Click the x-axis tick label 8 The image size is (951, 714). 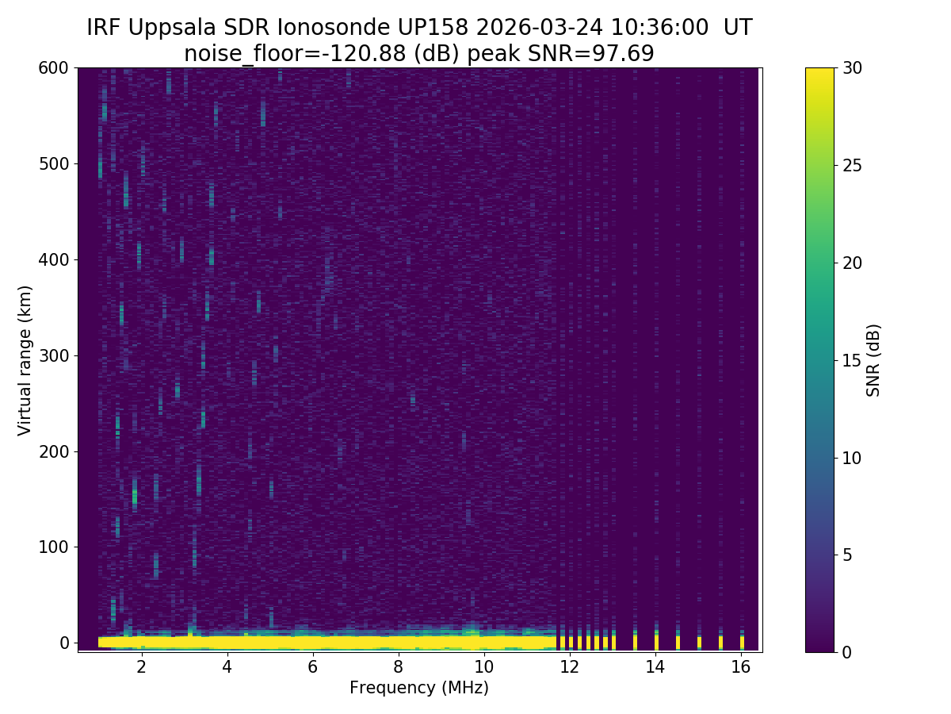(398, 666)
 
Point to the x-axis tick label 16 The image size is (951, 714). (740, 666)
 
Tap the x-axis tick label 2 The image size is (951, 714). (141, 666)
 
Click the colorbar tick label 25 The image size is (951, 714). (852, 166)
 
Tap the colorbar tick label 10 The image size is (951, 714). (852, 458)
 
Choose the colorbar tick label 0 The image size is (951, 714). (848, 652)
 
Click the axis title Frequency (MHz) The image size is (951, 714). (419, 688)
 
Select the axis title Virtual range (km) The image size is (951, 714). (25, 359)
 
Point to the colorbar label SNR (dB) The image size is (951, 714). (873, 359)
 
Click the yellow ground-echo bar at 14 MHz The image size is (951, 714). (656, 641)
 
